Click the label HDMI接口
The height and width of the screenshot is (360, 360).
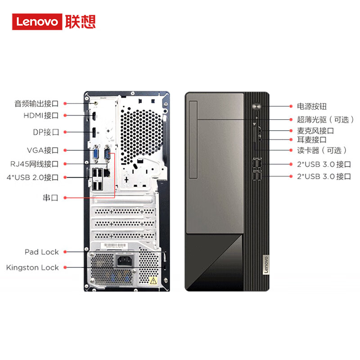pos(41,116)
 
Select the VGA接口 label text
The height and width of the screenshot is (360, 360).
pos(43,150)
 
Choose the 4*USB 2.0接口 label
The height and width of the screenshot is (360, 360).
pos(32,177)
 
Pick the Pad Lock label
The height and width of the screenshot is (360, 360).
pos(41,252)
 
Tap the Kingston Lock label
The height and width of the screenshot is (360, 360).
pos(32,267)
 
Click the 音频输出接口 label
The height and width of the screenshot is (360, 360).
pos(36,103)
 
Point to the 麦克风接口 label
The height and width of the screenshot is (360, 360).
pos(315,130)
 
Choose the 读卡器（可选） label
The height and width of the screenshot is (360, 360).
pos(322,150)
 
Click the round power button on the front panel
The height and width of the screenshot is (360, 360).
pos(256,107)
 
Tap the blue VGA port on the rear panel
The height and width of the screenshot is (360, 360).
pos(96,154)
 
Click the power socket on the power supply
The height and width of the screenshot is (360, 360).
pos(124,261)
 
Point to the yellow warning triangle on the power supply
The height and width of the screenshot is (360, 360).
pos(153,281)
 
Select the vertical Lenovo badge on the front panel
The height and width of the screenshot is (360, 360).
pos(265,265)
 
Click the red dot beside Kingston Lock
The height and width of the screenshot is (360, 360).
pos(65,267)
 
